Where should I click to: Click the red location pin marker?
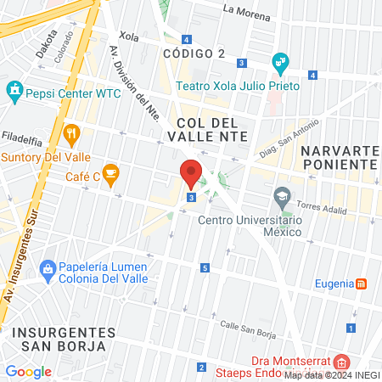(191, 173)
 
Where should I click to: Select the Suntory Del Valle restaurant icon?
(71, 133)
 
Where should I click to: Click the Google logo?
(29, 371)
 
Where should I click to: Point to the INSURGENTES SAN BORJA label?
(64, 339)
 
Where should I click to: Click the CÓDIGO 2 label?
(193, 53)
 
